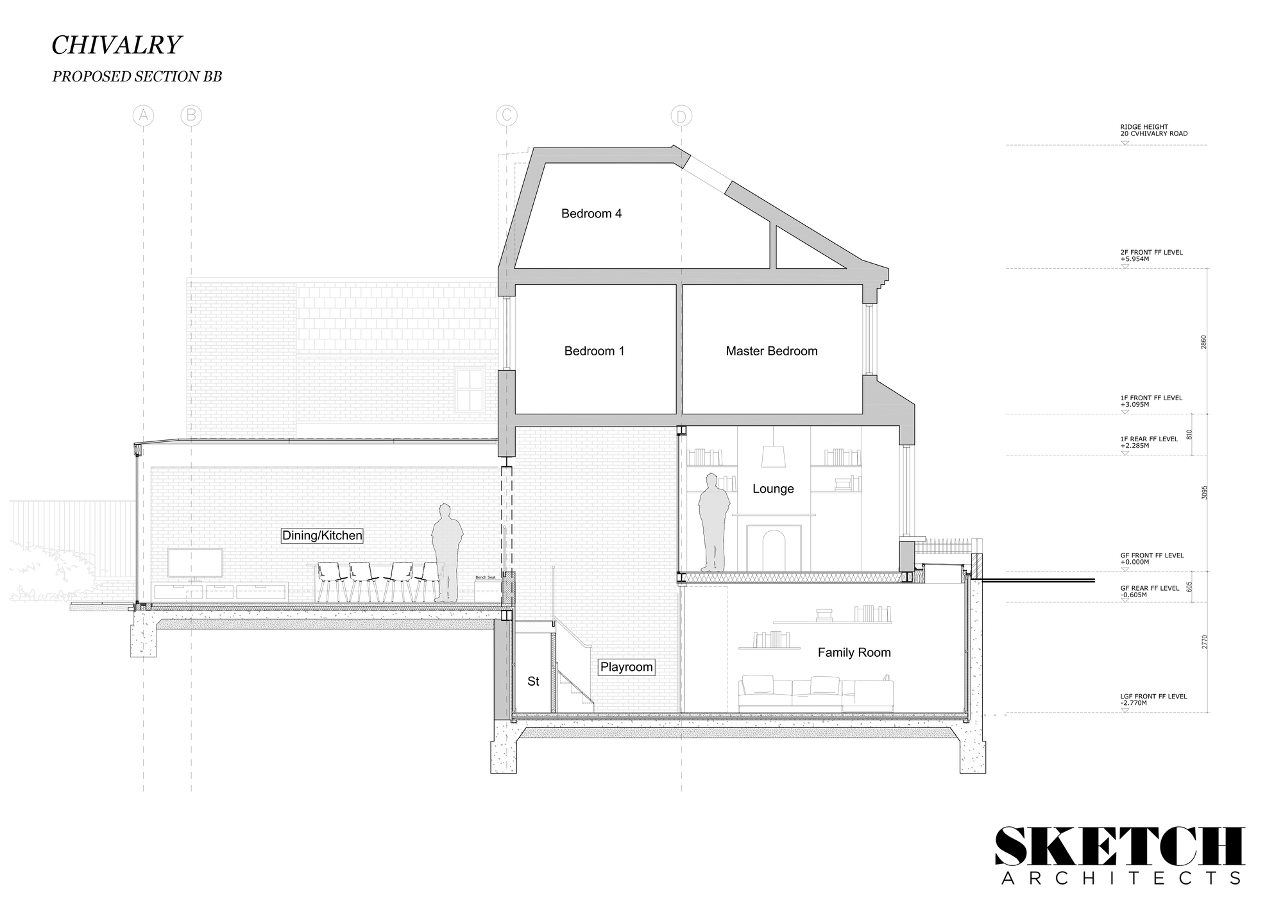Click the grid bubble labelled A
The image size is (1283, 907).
(x=143, y=115)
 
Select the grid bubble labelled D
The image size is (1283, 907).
(x=681, y=117)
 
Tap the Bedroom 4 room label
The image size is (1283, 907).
(x=591, y=214)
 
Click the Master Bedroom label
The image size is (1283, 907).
(x=771, y=351)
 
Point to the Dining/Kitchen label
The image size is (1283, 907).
(x=322, y=536)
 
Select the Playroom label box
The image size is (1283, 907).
(x=626, y=667)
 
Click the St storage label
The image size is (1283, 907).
(x=533, y=681)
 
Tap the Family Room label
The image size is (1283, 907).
(x=854, y=652)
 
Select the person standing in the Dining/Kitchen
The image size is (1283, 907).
(x=447, y=552)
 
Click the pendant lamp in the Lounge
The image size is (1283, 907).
(x=774, y=456)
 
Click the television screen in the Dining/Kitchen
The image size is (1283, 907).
(x=195, y=563)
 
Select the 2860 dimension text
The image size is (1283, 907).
(x=1203, y=341)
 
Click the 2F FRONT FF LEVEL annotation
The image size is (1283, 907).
(x=1151, y=255)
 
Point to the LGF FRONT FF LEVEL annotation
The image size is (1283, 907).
(x=1153, y=699)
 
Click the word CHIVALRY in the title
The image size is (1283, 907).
(x=116, y=45)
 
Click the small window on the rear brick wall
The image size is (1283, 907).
(x=470, y=389)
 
